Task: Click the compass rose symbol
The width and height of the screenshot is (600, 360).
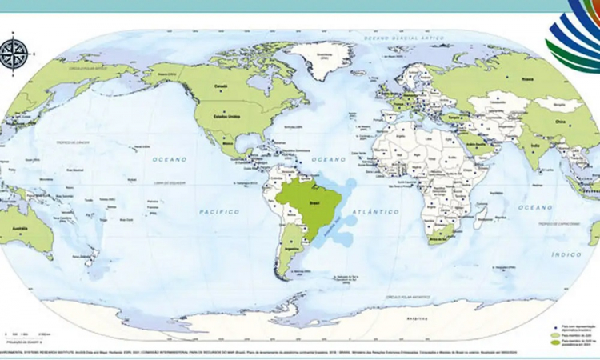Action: tap(14, 53)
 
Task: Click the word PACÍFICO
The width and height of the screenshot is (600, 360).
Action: tap(219, 211)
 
